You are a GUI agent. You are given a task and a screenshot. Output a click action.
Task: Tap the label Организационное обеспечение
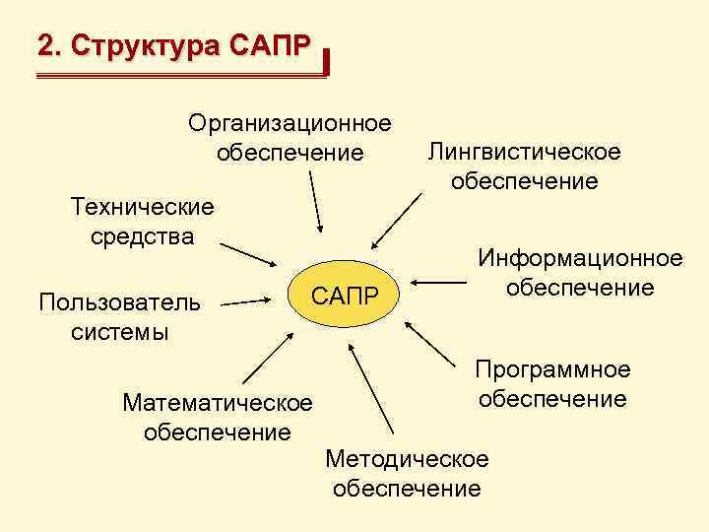tap(290, 138)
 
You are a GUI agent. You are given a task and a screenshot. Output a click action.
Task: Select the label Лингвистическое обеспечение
tap(524, 166)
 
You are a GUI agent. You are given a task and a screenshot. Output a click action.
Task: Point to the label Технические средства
tap(142, 222)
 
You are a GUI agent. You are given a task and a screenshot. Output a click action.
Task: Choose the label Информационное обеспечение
tap(580, 273)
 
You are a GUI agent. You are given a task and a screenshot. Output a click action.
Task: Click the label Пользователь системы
tap(118, 316)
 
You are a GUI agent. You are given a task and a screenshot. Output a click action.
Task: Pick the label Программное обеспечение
tap(551, 384)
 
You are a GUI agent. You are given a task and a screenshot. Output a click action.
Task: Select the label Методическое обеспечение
tap(407, 473)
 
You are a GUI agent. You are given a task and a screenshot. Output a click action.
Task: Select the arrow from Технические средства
tap(246, 252)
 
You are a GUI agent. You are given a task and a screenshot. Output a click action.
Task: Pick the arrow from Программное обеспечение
tap(436, 347)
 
